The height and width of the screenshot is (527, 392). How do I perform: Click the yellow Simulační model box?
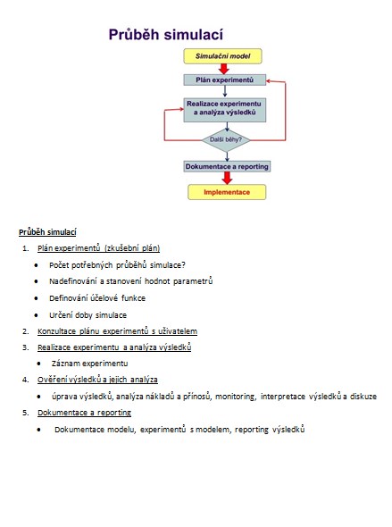click(x=222, y=56)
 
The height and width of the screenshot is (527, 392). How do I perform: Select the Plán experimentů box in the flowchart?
click(x=224, y=80)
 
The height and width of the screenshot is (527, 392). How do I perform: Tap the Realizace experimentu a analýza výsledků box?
click(x=224, y=110)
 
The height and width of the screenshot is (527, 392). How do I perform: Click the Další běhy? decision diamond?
click(x=226, y=139)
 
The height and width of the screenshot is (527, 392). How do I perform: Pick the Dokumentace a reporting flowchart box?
click(x=227, y=166)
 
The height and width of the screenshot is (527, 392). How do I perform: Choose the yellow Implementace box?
click(x=227, y=192)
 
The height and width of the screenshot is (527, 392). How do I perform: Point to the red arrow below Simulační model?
click(x=224, y=69)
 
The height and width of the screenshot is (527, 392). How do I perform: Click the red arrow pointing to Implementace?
click(x=227, y=178)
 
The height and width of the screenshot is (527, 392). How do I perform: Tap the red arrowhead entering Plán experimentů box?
click(x=269, y=80)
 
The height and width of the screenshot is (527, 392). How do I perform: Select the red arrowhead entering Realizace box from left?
click(x=180, y=110)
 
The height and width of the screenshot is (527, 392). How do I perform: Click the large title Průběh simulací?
click(x=166, y=34)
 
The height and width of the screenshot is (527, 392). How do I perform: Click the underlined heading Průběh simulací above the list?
click(x=47, y=232)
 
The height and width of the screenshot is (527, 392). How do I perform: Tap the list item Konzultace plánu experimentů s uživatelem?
click(x=117, y=331)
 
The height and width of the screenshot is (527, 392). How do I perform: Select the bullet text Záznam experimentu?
click(x=89, y=364)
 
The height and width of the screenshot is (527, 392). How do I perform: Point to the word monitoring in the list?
click(x=235, y=397)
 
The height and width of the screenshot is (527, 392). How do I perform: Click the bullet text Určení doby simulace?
click(x=88, y=315)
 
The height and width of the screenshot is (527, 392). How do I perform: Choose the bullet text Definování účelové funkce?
click(x=97, y=298)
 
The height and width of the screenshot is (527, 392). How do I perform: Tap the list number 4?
click(x=26, y=380)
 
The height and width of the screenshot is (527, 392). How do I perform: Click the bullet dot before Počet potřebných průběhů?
click(x=36, y=265)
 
